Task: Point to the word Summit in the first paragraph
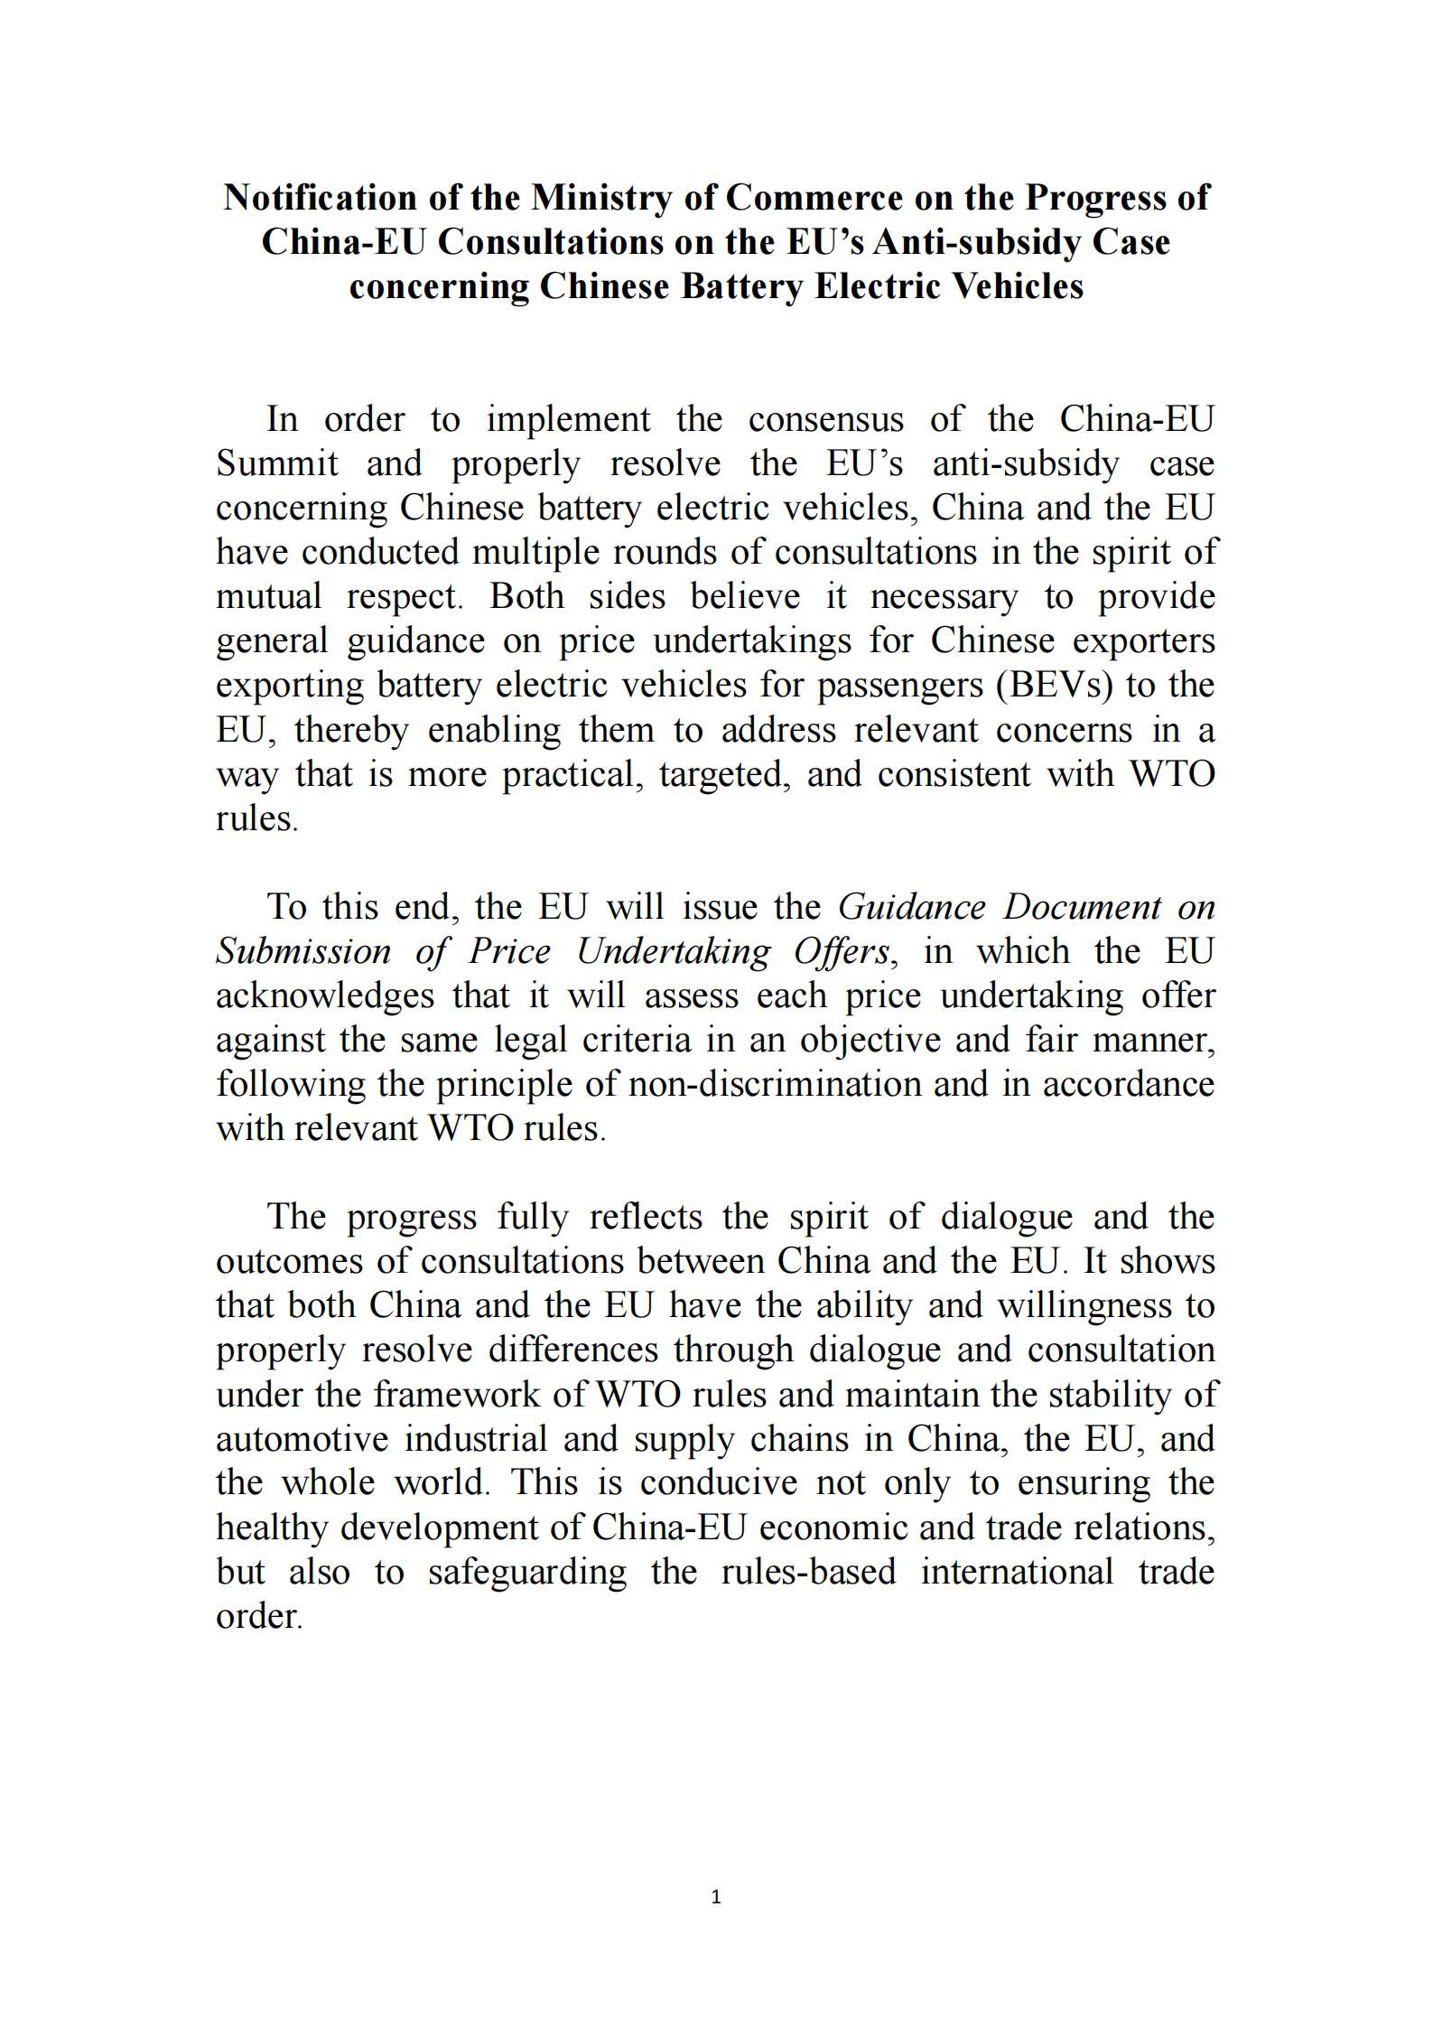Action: pyautogui.click(x=277, y=464)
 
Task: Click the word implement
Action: pyautogui.click(x=568, y=420)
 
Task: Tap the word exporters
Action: pyautogui.click(x=1144, y=641)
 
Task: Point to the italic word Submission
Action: pyautogui.click(x=303, y=952)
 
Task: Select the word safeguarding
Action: pyautogui.click(x=526, y=1572)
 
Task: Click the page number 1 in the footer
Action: pyautogui.click(x=716, y=1897)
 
